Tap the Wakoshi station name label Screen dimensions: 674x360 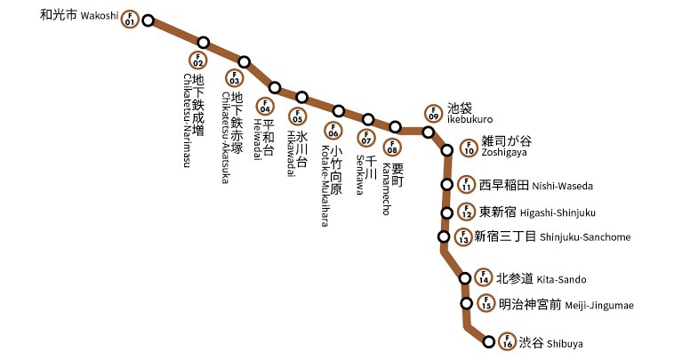point(79,16)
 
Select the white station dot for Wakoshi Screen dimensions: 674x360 point(148,20)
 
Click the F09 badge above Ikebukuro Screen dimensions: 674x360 point(433,113)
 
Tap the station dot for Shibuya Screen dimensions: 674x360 point(488,341)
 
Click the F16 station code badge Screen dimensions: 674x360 point(507,340)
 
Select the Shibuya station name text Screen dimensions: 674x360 point(552,341)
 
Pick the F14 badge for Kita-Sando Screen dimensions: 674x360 point(484,278)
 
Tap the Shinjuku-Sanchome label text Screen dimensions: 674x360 point(529,236)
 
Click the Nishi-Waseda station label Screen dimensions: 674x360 point(535,186)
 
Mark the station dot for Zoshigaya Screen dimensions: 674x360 point(448,150)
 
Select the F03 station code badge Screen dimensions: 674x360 point(236,77)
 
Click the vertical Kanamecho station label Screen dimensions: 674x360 point(392,172)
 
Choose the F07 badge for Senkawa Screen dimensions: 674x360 point(365,138)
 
